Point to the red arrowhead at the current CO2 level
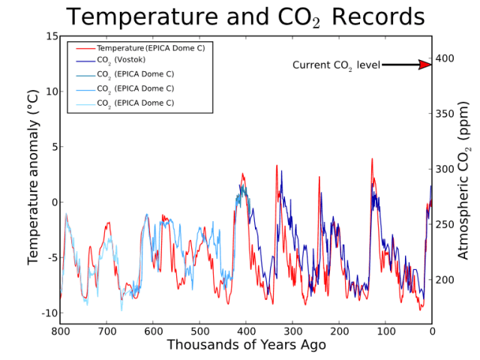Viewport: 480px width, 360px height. click(425, 65)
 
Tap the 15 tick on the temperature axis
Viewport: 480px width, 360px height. click(52, 36)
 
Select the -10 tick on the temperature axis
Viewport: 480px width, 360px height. click(49, 313)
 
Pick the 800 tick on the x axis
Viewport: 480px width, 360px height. click(60, 331)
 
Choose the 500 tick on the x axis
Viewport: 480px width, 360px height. click(199, 331)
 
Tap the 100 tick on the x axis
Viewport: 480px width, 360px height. click(385, 331)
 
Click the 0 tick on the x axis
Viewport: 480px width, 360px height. click(432, 331)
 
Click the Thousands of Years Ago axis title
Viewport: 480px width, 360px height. click(246, 345)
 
